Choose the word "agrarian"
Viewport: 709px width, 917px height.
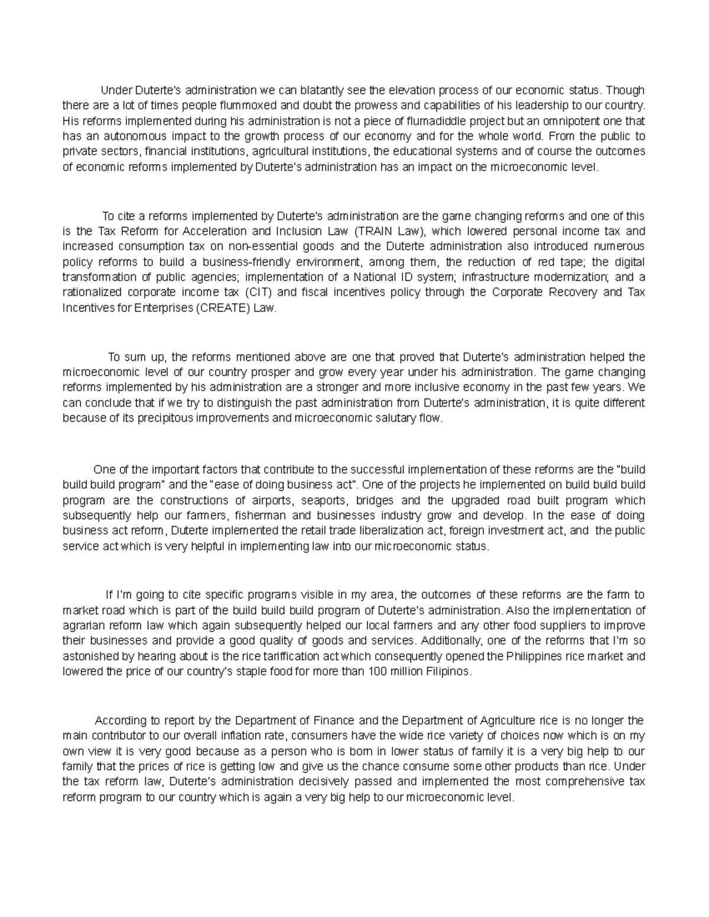(x=82, y=625)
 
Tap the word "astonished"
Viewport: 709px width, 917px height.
(x=87, y=656)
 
